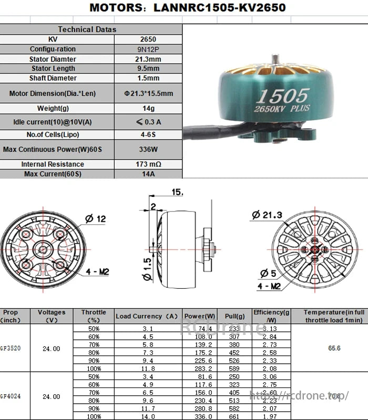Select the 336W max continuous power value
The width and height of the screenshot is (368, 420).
[148, 150]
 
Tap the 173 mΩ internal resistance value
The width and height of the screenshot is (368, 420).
[148, 164]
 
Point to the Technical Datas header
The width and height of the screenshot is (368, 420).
[87, 29]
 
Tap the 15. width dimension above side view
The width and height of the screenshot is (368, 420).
[177, 193]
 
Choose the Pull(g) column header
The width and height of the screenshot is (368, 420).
[234, 316]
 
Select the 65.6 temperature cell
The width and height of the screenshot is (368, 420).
[334, 348]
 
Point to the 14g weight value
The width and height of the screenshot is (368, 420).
[148, 109]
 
